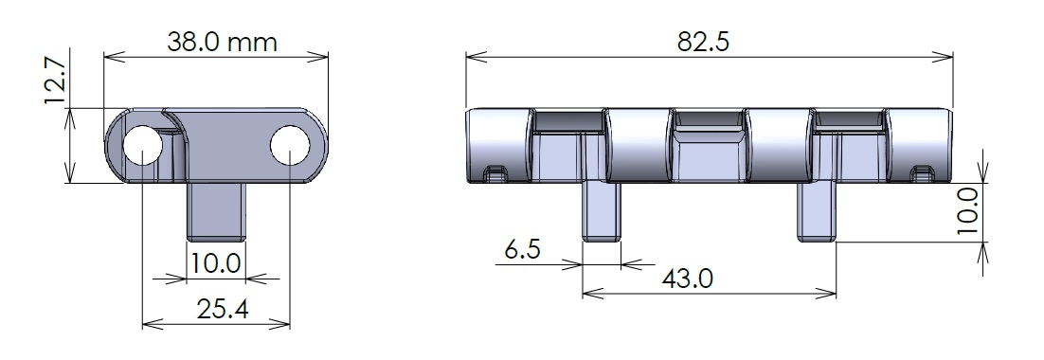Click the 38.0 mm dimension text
tap(222, 43)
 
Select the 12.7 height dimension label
tap(55, 81)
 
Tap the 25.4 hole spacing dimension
tap(223, 309)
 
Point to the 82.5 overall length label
tap(703, 42)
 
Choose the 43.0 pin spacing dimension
tap(687, 279)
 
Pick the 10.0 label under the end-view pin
tap(216, 263)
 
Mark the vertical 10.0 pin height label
tap(967, 210)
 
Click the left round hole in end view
tap(143, 145)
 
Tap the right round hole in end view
tap(290, 145)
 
